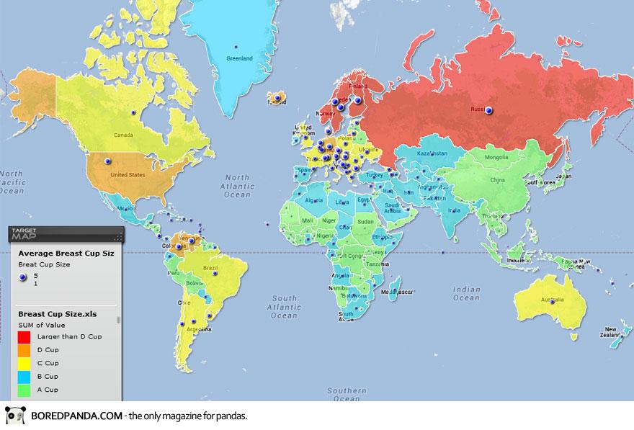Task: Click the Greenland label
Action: (x=239, y=58)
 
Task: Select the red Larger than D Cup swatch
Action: (x=24, y=336)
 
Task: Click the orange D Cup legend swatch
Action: (x=24, y=350)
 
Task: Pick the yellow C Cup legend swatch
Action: (x=24, y=363)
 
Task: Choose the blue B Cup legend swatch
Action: (x=24, y=377)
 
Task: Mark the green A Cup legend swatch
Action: (x=24, y=390)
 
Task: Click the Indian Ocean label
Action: (x=466, y=293)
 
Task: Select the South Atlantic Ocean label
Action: (x=285, y=306)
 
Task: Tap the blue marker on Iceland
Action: (x=277, y=97)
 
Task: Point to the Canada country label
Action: (x=125, y=135)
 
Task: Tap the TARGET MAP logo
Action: (x=27, y=234)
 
